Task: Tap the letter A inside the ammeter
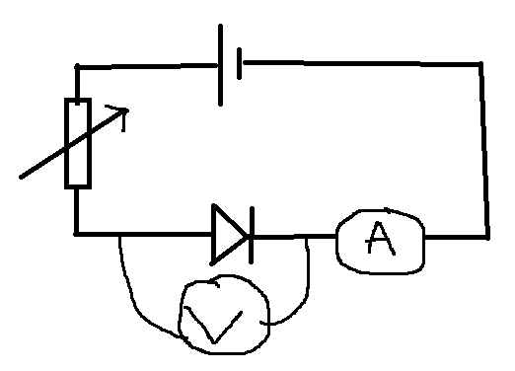[380, 239]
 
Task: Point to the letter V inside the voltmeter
[213, 326]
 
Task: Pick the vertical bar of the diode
[252, 235]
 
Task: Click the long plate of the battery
[220, 65]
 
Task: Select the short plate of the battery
[240, 63]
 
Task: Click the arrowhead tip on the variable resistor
[128, 111]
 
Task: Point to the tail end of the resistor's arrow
[21, 178]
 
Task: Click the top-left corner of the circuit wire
[77, 67]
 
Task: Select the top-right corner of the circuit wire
[480, 63]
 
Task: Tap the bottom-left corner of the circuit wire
[77, 234]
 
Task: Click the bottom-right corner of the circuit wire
[487, 237]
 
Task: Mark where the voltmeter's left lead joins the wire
[120, 235]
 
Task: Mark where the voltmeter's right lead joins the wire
[307, 237]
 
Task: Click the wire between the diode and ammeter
[295, 236]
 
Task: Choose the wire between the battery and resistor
[148, 66]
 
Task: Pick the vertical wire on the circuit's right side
[484, 150]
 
